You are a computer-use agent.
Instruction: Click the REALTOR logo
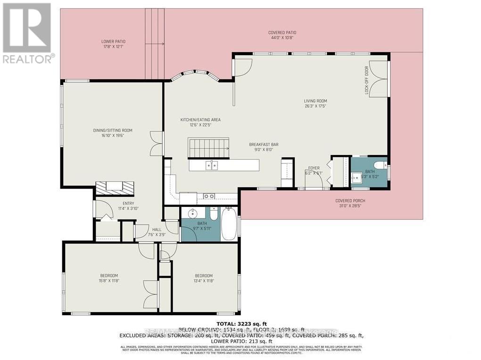point(27,33)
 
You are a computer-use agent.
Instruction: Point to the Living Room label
point(315,104)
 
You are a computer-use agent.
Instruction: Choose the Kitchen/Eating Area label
point(200,123)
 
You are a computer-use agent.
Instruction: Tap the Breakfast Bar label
point(261,147)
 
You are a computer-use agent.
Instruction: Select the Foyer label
point(314,170)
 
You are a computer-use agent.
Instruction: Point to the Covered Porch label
point(350,203)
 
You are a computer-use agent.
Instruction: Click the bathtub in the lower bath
point(230,224)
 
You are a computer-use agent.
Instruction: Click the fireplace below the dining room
point(115,188)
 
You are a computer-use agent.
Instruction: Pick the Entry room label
point(116,206)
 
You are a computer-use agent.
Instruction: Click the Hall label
point(157,232)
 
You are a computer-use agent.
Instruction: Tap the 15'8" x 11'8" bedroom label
point(109,278)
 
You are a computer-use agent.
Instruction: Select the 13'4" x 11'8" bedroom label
point(204,278)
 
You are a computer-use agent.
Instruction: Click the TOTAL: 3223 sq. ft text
point(241,323)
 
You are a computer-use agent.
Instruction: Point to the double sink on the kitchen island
point(211,165)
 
